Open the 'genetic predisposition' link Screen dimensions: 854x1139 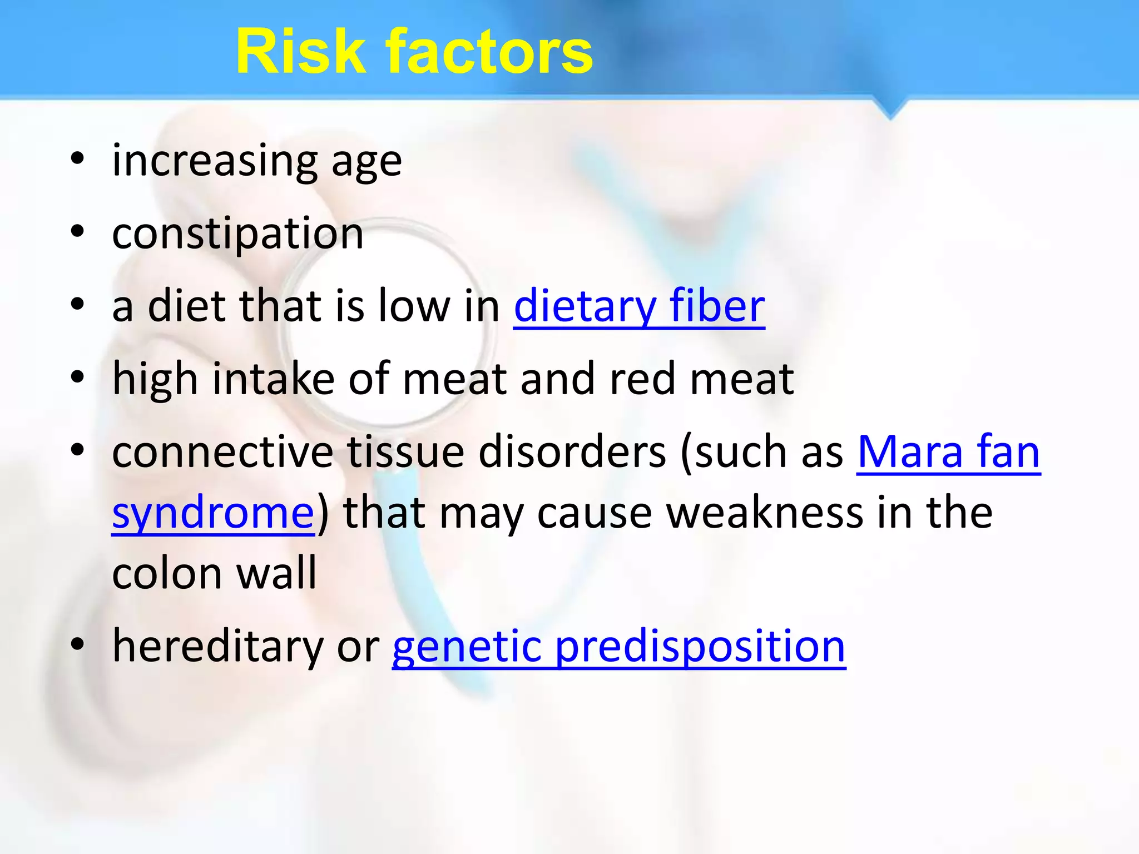(x=618, y=646)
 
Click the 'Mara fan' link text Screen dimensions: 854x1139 (x=948, y=451)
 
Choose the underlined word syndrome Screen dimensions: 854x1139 (x=214, y=513)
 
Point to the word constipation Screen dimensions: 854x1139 (x=238, y=234)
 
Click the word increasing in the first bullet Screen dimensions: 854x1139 (x=215, y=161)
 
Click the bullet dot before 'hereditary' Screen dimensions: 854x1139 (x=78, y=644)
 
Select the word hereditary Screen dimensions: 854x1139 (x=218, y=646)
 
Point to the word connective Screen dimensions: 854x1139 (x=222, y=451)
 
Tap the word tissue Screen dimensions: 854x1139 (x=406, y=451)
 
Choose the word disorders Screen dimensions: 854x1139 (x=573, y=451)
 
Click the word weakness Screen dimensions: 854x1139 (x=765, y=513)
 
